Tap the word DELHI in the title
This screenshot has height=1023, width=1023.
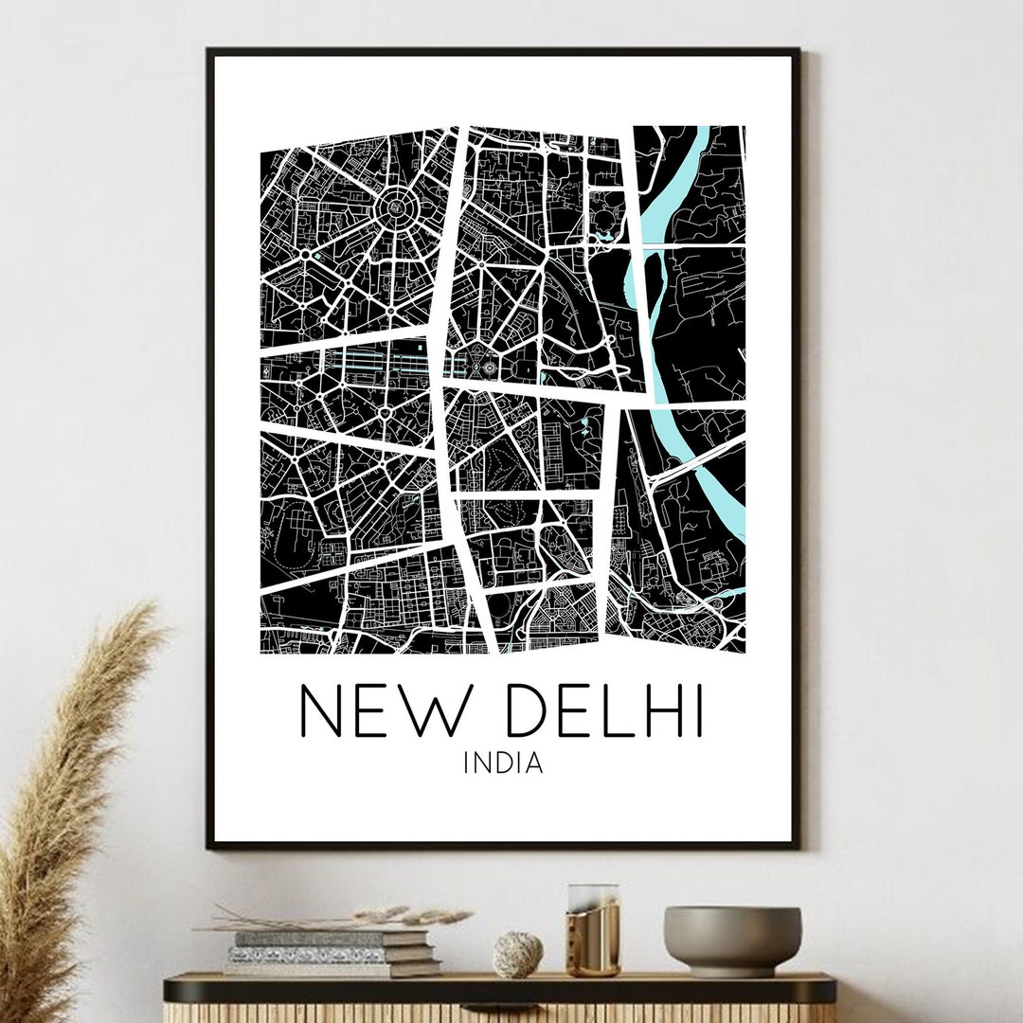point(605,710)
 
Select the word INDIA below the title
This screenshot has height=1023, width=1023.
point(503,763)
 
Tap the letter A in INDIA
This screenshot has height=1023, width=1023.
point(535,763)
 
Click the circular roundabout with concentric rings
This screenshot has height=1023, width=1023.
point(392,206)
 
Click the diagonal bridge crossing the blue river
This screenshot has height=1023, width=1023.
point(696,457)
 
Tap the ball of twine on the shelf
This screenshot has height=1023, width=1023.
point(517,953)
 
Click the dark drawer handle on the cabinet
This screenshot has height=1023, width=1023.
point(499,989)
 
